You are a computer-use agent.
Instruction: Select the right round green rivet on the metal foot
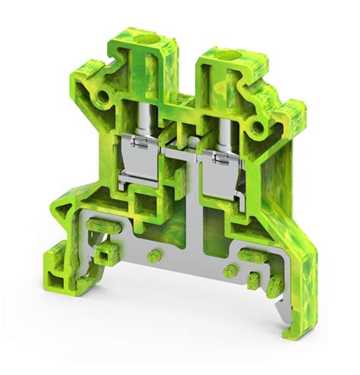[226, 272]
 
